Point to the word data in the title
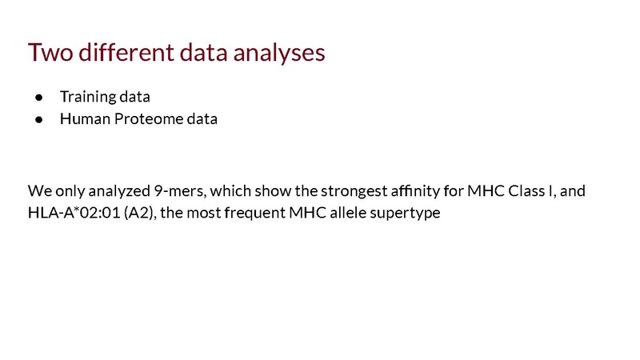204,53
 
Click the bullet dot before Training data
39,98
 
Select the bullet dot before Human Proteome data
39,119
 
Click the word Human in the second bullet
85,118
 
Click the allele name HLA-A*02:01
74,213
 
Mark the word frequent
254,214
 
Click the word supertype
405,214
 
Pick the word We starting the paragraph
39,190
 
